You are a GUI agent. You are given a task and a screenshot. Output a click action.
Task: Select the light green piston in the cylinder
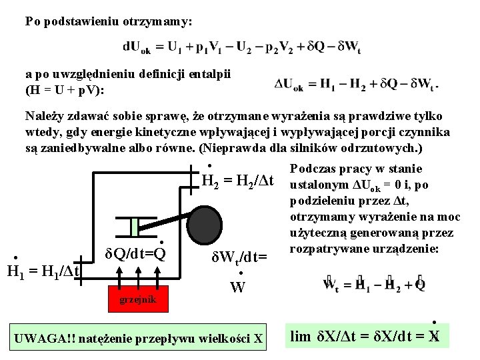click(x=135, y=227)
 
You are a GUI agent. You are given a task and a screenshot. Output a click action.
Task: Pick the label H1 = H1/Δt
click(x=43, y=271)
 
